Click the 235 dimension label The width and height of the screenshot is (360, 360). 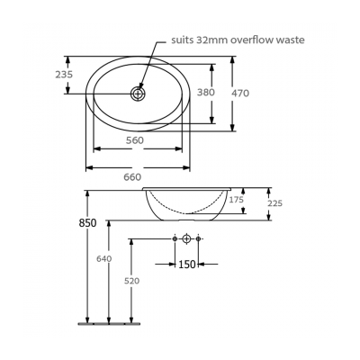coord(64,76)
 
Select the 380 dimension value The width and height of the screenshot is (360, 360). coord(207,92)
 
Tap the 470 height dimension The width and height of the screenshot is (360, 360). coord(239,92)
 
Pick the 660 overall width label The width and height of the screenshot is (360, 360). coord(133,177)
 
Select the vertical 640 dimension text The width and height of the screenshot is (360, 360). coord(104,259)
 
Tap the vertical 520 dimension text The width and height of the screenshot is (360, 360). coord(131,282)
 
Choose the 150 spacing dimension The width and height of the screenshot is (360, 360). coord(185,265)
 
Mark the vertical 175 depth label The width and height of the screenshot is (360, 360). coord(236,200)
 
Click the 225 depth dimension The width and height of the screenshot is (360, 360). coord(274,203)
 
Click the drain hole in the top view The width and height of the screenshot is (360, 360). coord(139,93)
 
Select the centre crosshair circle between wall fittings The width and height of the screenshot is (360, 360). coord(185,239)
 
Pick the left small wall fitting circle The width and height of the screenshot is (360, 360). coord(174,239)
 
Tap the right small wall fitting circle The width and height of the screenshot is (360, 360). coord(198,239)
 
